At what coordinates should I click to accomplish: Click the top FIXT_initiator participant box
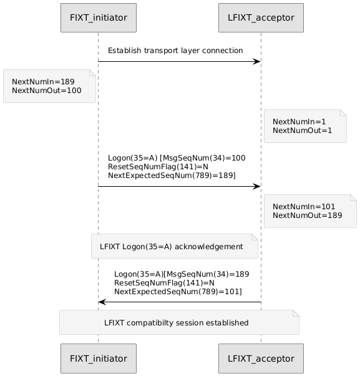pyautogui.click(x=99, y=17)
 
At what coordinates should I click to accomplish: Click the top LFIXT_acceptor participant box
pyautogui.click(x=261, y=17)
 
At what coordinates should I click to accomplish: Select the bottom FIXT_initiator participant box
pyautogui.click(x=99, y=359)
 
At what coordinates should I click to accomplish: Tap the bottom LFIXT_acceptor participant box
pyautogui.click(x=261, y=359)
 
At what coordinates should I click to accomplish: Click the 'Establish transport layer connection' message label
pyautogui.click(x=175, y=51)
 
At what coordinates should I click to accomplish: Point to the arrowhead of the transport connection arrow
pyautogui.click(x=257, y=62)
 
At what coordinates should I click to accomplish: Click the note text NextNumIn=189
pyautogui.click(x=43, y=82)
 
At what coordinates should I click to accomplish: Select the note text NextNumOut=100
pyautogui.click(x=47, y=91)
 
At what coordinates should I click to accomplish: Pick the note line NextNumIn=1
pyautogui.click(x=299, y=122)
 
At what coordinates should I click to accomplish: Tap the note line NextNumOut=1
pyautogui.click(x=302, y=131)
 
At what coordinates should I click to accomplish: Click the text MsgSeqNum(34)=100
pyautogui.click(x=204, y=158)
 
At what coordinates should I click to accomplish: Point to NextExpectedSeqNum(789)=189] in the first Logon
pyautogui.click(x=172, y=176)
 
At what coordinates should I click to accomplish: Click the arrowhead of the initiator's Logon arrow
pyautogui.click(x=257, y=186)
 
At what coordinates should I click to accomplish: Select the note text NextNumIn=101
pyautogui.click(x=304, y=207)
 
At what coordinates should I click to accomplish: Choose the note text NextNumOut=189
pyautogui.click(x=308, y=215)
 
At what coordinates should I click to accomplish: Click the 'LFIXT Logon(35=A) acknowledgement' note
pyautogui.click(x=175, y=246)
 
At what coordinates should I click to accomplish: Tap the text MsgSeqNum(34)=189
pyautogui.click(x=208, y=274)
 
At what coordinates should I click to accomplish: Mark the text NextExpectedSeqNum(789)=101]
pyautogui.click(x=178, y=292)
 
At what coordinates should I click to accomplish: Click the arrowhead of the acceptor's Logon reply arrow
pyautogui.click(x=102, y=302)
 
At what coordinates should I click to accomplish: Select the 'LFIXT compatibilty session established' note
pyautogui.click(x=179, y=322)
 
